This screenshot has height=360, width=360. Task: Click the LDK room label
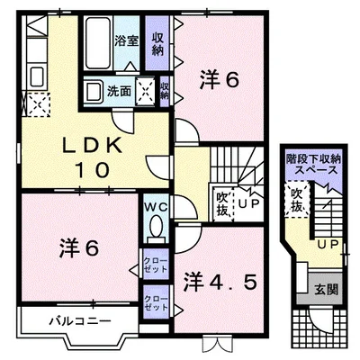point(93,157)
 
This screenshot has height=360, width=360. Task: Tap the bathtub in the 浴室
point(97,43)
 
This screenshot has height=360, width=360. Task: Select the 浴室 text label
point(126,41)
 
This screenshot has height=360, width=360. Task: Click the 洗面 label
point(120,91)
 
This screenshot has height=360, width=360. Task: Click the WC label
point(156,207)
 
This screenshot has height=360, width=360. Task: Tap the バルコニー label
point(80,321)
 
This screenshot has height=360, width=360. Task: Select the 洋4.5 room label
point(220,283)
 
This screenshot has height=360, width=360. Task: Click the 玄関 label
point(326,290)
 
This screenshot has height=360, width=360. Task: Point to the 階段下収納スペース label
point(314,164)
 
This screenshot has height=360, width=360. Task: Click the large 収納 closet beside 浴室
point(157,43)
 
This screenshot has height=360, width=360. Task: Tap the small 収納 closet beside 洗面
point(165,91)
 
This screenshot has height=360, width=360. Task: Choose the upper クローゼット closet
point(156,264)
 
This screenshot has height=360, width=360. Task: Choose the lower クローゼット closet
point(156,302)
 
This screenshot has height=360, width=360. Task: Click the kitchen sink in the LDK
point(37,76)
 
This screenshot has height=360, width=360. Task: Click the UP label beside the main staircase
point(248,204)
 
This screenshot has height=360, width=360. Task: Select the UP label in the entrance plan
point(328,245)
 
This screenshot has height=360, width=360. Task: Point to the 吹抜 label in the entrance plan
point(296,200)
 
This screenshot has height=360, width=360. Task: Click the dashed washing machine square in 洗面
point(146,91)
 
